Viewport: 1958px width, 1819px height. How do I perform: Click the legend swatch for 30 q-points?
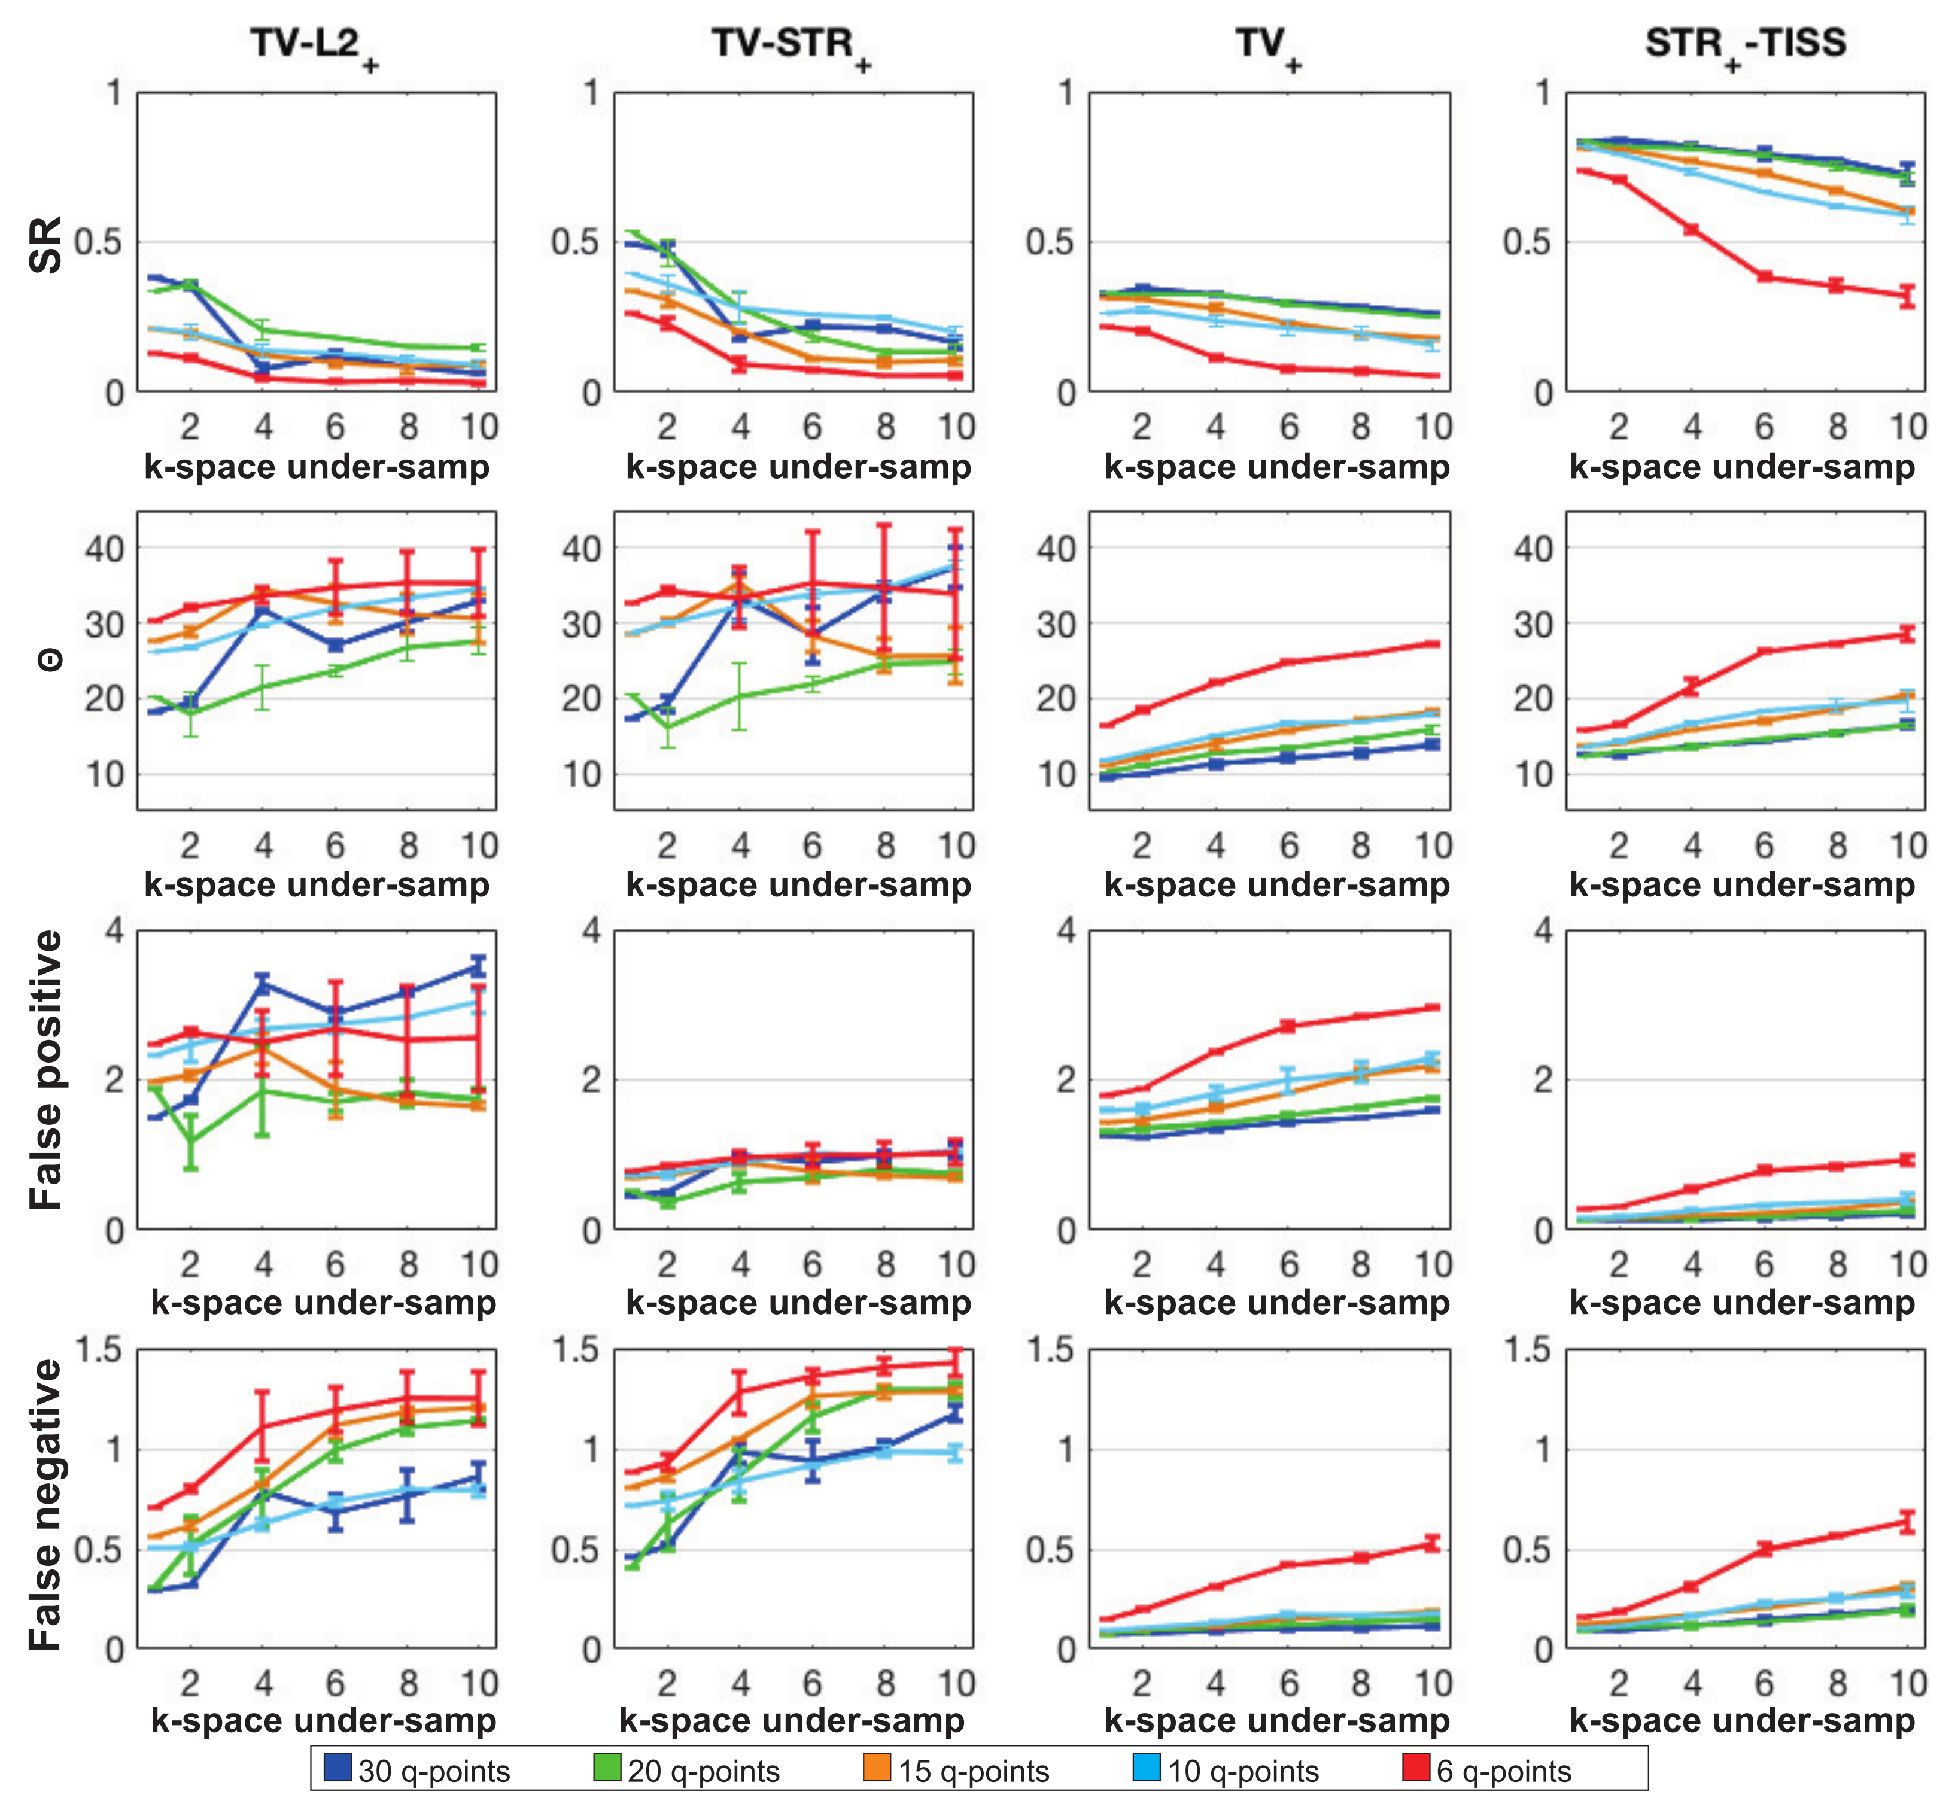coord(337,1769)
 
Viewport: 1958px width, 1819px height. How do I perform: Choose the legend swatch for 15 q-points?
coord(876,1769)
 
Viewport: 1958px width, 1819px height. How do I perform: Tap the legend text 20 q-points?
coord(703,1771)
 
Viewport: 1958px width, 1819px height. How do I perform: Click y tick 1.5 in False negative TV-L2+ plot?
coord(98,1349)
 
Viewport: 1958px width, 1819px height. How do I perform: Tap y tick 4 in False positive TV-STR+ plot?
coord(591,930)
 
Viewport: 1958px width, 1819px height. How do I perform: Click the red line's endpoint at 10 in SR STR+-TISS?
coord(1908,296)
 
